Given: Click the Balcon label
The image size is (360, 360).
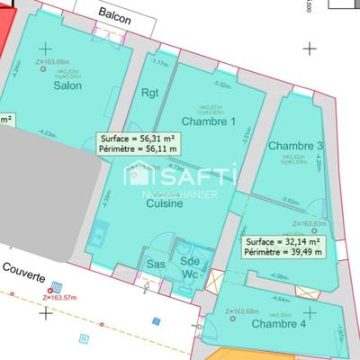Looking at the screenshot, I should click(x=116, y=15).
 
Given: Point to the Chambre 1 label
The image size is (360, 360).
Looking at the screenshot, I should click(x=208, y=121).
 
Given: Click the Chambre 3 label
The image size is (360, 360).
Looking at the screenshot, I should click(x=295, y=146).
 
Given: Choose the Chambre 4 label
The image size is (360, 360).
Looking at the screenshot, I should click(x=278, y=323).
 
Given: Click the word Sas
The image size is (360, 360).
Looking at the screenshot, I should click(x=156, y=265).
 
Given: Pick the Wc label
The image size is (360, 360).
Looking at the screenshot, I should click(x=190, y=274).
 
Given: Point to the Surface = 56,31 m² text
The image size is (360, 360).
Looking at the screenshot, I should click(x=136, y=139).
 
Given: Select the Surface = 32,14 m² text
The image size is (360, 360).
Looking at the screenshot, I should click(x=284, y=242).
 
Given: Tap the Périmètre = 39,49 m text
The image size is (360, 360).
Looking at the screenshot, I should click(x=284, y=253).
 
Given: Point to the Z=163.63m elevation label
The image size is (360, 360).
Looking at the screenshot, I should click(x=310, y=223).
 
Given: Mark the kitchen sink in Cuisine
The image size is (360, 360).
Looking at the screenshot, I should click(x=97, y=236).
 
